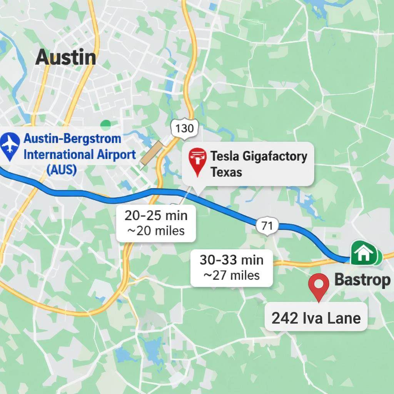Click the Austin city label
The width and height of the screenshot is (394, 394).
[66, 57]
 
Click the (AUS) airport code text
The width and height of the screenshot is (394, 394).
[61, 169]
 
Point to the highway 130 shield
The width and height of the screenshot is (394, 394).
[184, 128]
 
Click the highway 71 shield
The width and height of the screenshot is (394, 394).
[267, 226]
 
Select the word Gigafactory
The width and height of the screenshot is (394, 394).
[273, 157]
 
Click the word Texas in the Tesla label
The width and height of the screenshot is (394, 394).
[226, 172]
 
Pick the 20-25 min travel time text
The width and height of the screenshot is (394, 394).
[156, 215]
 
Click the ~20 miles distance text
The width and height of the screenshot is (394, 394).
[156, 231]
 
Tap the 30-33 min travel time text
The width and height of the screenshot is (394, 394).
[232, 260]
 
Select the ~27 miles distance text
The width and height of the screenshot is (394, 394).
[232, 275]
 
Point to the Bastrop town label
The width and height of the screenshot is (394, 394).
[362, 280]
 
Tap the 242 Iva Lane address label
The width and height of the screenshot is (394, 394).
[316, 318]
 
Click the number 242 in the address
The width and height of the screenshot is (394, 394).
[285, 318]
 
